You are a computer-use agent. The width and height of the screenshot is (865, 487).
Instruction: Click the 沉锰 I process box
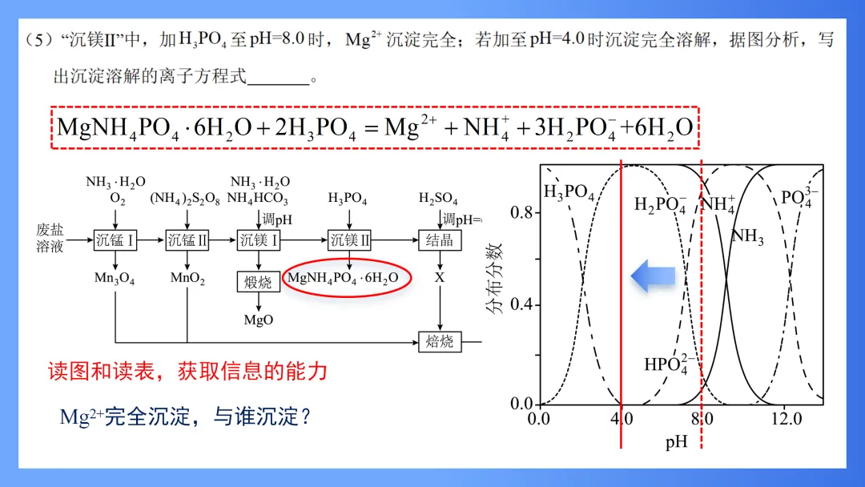[x=116, y=239]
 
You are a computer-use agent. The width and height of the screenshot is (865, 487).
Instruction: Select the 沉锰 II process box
[x=187, y=239]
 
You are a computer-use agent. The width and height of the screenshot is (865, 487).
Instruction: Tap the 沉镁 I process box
[x=258, y=239]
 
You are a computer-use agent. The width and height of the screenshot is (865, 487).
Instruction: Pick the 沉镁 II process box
[x=350, y=239]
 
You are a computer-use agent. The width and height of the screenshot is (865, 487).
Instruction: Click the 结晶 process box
[x=440, y=239]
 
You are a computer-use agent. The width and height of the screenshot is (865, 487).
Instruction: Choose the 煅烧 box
[x=258, y=282]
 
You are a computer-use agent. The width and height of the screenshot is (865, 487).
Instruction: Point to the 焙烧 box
[x=440, y=341]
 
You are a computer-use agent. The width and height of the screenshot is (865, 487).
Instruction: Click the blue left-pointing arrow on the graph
[x=654, y=276]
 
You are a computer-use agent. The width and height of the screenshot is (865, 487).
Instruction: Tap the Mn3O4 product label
[x=116, y=279]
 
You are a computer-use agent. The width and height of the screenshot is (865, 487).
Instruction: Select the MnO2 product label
[x=187, y=279]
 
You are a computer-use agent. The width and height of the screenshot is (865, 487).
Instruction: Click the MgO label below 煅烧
[x=258, y=320]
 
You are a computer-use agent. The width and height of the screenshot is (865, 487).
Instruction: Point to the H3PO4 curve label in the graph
[x=569, y=192]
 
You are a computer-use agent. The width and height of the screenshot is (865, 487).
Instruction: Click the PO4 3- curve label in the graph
[x=800, y=198]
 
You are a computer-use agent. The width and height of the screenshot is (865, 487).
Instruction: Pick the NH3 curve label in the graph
[x=747, y=236]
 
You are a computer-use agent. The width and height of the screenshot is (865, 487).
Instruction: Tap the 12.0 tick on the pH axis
[x=787, y=419]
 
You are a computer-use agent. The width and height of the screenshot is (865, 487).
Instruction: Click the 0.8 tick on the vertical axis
[x=521, y=212]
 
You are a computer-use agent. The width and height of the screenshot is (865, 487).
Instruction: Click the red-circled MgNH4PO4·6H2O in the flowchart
[x=348, y=278]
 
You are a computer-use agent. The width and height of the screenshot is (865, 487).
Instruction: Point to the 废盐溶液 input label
[x=50, y=238]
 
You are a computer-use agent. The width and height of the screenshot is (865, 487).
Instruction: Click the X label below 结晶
[x=440, y=278]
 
